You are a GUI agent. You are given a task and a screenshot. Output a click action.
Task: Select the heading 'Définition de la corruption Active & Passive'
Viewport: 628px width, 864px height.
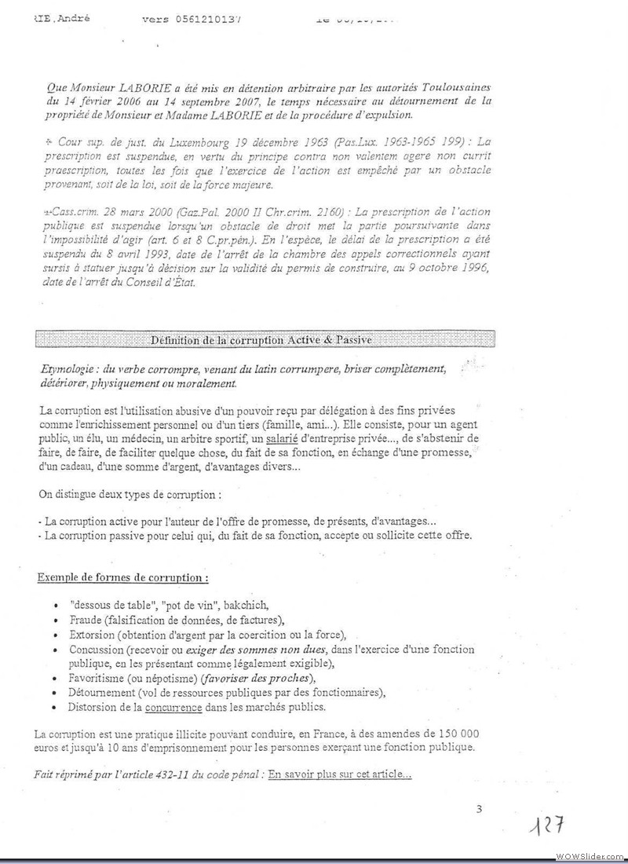pos(261,339)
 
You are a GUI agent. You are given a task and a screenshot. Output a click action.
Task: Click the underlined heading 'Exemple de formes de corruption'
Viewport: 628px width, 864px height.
pos(122,579)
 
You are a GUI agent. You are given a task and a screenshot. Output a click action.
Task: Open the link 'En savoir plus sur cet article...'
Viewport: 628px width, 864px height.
pos(339,774)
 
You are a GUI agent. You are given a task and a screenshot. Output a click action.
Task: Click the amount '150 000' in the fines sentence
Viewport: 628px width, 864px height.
pos(450,733)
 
